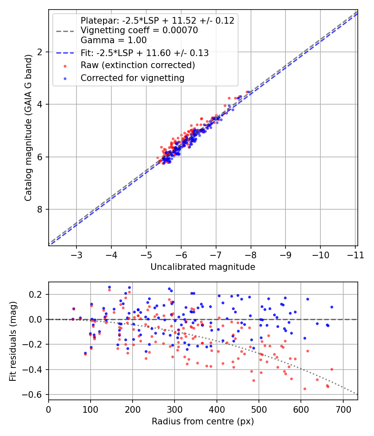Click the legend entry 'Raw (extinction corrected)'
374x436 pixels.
[x=138, y=65]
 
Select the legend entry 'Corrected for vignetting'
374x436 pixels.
[x=132, y=78]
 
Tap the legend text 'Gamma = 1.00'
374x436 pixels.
[x=113, y=40]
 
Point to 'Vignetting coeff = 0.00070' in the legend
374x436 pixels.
[x=139, y=30]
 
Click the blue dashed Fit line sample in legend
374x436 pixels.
[x=65, y=53]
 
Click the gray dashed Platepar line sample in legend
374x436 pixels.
[x=65, y=30]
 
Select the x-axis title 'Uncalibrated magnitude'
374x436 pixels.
[x=203, y=267]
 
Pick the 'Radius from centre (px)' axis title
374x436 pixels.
[x=203, y=421]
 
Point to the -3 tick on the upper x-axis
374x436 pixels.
[x=76, y=255]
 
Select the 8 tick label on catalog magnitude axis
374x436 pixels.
[x=40, y=209]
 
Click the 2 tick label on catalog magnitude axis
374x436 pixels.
[x=40, y=52]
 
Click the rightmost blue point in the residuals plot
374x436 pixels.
[x=332, y=307]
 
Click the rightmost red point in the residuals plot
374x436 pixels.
[x=332, y=369]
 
